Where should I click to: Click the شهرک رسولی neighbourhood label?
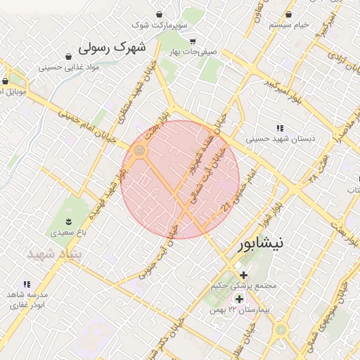tap(113, 48)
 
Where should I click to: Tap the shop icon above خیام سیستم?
tap(289, 14)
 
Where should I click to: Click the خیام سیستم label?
tap(289, 25)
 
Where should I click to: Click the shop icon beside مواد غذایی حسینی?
tap(68, 56)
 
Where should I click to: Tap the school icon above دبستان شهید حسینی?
tap(281, 128)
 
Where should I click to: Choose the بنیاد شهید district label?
tap(55, 254)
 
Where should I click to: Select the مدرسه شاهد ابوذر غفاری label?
tap(26, 299)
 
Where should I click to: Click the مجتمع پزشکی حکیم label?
tap(244, 286)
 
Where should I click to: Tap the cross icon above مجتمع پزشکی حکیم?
tap(243, 275)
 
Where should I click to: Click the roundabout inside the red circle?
tap(140, 150)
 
